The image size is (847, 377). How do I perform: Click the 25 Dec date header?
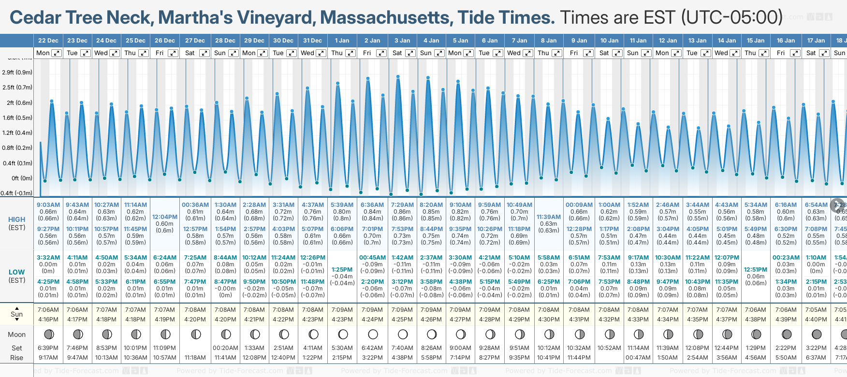coord(135,41)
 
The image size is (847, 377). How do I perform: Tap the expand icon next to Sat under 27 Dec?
coord(204,53)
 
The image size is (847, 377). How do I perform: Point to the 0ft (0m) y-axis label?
coord(22,178)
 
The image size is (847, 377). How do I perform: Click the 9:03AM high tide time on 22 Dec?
coord(48,205)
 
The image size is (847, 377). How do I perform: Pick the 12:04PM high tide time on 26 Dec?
coord(165,217)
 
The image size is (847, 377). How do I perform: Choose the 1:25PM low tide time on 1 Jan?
coord(342,270)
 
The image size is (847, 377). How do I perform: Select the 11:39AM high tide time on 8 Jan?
coord(549,217)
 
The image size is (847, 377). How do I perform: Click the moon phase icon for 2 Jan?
coord(373,334)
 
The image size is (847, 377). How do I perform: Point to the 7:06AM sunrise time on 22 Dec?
coord(48,310)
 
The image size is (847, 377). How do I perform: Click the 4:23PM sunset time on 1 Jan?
coord(342,319)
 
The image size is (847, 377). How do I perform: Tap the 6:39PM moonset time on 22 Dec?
coord(48,348)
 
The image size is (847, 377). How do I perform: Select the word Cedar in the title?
coord(35,18)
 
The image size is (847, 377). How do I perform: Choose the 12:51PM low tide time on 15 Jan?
coord(756,270)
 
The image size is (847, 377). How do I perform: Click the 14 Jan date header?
coord(727,41)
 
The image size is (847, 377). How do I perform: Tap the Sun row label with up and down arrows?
coord(17,314)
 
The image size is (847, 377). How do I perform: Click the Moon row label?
coord(17,334)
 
